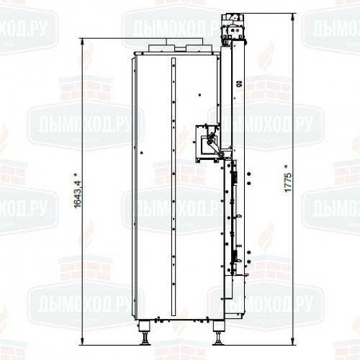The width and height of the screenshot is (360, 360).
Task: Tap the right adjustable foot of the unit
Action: click(x=218, y=335)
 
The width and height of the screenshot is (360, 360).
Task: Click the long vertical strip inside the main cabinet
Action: click(x=172, y=187)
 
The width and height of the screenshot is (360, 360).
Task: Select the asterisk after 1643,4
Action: click(x=77, y=171)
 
